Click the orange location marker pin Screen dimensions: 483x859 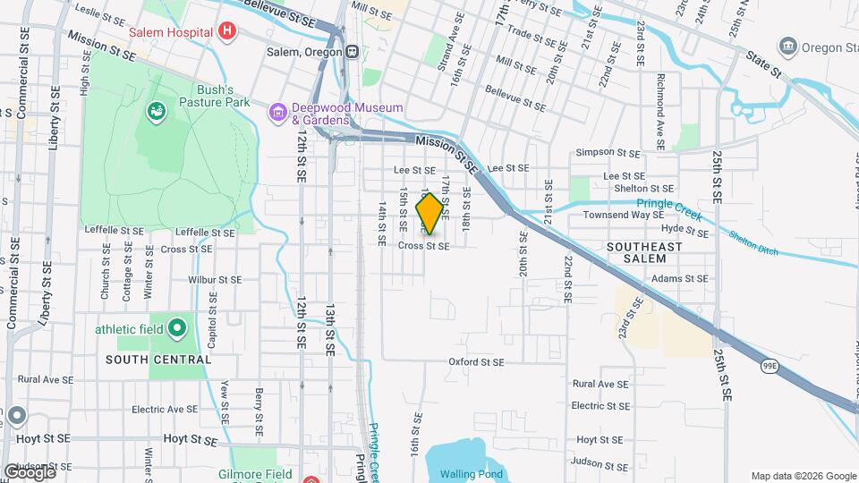pos(430,213)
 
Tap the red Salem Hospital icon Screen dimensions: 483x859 pos(227,32)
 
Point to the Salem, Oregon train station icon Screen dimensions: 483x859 pos(354,51)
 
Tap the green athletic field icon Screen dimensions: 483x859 pos(176,329)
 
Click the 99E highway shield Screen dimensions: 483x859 pos(770,366)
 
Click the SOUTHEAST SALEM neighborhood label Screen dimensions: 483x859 pos(649,252)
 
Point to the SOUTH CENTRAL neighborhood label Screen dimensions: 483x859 pos(158,360)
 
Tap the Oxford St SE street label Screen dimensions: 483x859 pos(477,362)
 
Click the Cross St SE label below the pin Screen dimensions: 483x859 pos(423,246)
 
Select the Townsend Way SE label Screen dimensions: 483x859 pos(624,215)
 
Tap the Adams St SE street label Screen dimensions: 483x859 pos(680,278)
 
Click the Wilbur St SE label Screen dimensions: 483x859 pos(215,279)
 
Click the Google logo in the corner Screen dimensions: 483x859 pos(30,472)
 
